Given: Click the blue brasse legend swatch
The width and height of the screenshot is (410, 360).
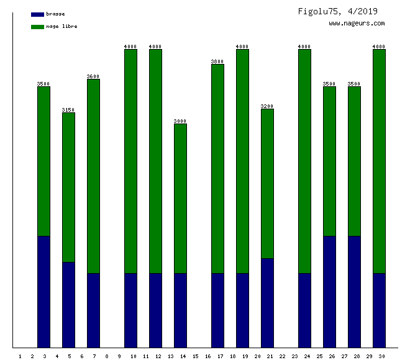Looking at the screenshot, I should [x=37, y=14].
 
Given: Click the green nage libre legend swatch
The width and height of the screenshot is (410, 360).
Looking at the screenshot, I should [x=37, y=27].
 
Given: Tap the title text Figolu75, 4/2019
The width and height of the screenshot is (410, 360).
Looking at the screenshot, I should [x=337, y=11].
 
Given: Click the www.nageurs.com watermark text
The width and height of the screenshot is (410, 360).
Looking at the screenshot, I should [x=357, y=24].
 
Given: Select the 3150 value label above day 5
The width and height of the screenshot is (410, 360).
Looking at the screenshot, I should [x=68, y=110].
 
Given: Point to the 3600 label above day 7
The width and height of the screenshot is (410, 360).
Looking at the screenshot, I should [x=93, y=76].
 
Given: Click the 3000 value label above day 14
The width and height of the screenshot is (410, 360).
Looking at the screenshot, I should [x=180, y=121].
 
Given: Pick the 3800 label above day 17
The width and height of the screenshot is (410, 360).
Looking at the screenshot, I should [x=217, y=61].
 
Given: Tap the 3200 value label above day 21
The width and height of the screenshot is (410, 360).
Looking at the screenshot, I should [x=267, y=106].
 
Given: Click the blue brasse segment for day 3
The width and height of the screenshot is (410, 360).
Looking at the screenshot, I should [x=43, y=292].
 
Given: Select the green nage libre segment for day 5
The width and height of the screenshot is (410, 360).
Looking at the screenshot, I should [x=68, y=187].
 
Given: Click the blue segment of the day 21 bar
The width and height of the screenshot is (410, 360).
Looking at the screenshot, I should [x=267, y=303].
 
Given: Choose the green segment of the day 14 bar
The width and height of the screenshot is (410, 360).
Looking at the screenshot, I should [x=180, y=199].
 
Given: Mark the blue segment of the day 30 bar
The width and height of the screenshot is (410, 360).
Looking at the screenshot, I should [x=379, y=310].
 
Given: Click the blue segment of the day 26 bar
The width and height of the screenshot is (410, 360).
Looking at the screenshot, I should [x=329, y=292].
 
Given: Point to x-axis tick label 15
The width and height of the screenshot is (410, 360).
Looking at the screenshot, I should [x=195, y=356].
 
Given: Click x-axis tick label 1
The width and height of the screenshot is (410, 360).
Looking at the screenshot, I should [x=20, y=356].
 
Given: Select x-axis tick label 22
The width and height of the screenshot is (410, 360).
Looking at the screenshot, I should [x=283, y=356].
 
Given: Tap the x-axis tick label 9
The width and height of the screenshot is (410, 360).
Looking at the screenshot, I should [x=119, y=356].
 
